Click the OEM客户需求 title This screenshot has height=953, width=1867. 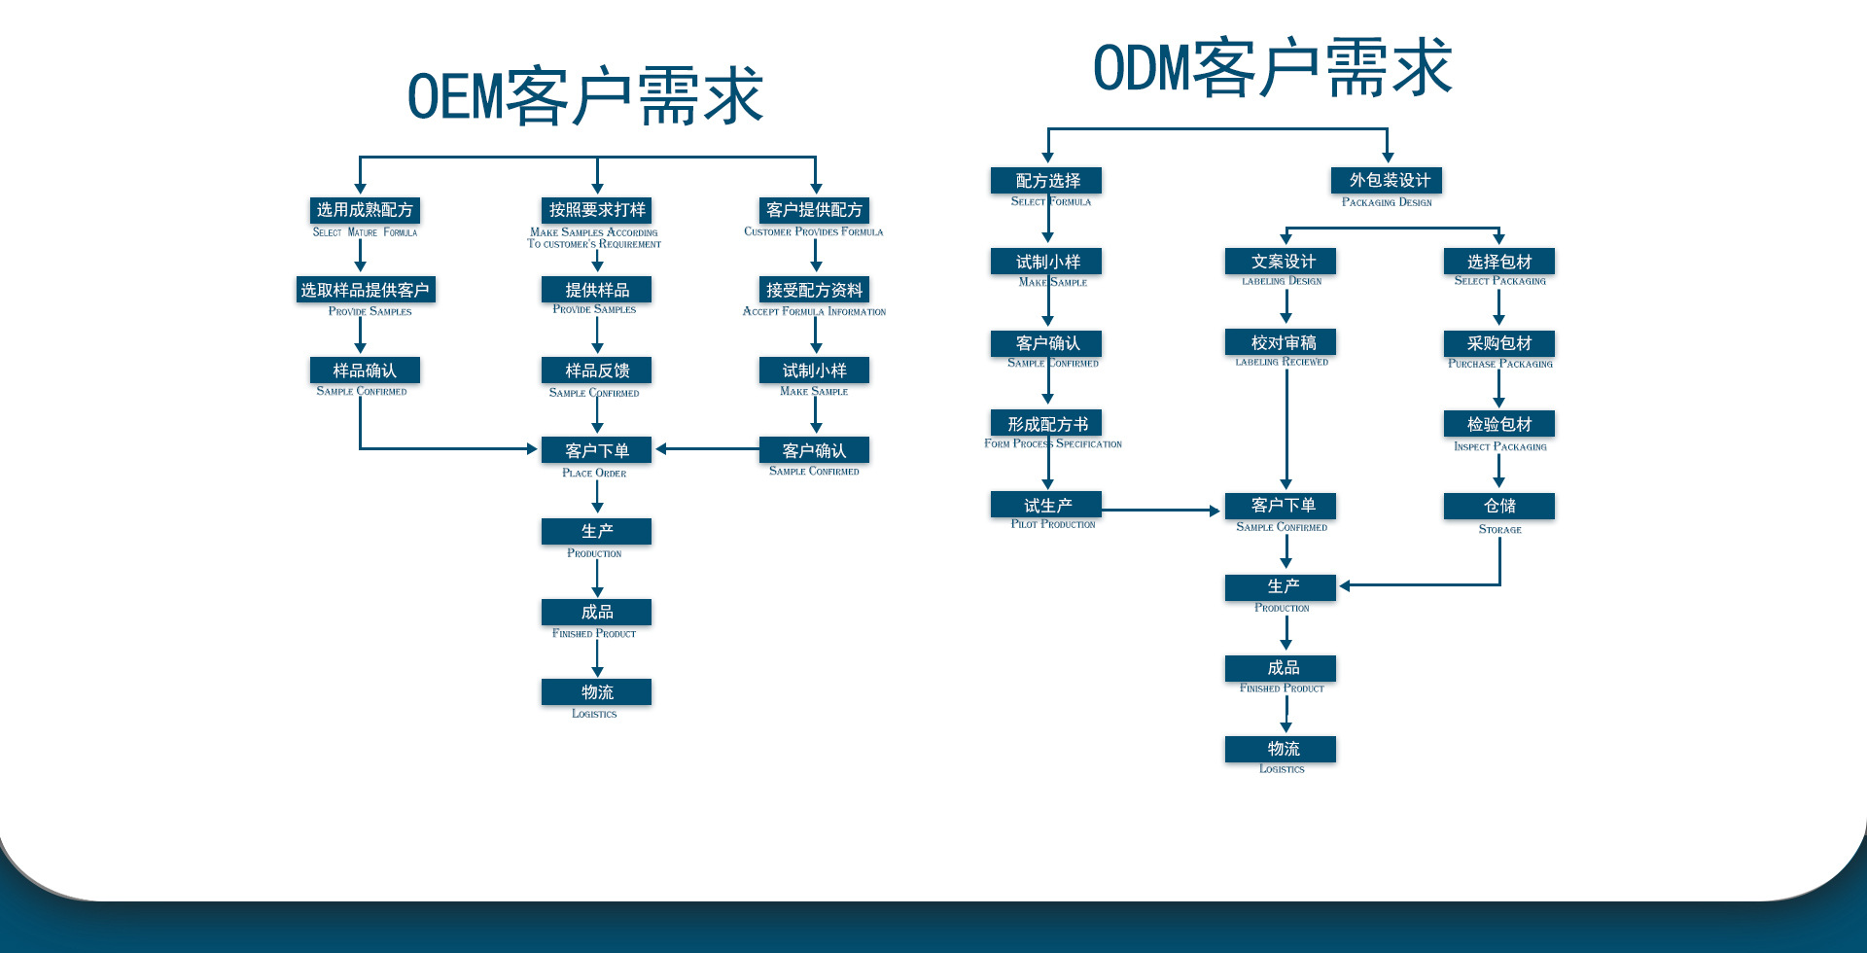584,96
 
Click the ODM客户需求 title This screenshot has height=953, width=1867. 1272,67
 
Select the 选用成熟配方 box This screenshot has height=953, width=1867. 365,210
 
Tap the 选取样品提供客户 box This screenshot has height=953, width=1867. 365,290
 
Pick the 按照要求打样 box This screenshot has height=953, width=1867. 597,210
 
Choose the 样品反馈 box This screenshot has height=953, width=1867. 597,371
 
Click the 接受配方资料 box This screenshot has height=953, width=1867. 814,290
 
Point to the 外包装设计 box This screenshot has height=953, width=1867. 1388,180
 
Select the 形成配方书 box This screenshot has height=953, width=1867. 1047,424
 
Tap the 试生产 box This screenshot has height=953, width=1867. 1047,505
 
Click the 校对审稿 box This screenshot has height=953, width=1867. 1283,342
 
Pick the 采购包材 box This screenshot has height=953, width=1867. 1498,343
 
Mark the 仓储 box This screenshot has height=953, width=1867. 1498,506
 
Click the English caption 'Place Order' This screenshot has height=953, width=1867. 594,474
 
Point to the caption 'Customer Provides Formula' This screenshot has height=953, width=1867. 813,232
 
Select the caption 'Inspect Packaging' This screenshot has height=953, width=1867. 1499,447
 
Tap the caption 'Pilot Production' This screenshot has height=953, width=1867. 1053,525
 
